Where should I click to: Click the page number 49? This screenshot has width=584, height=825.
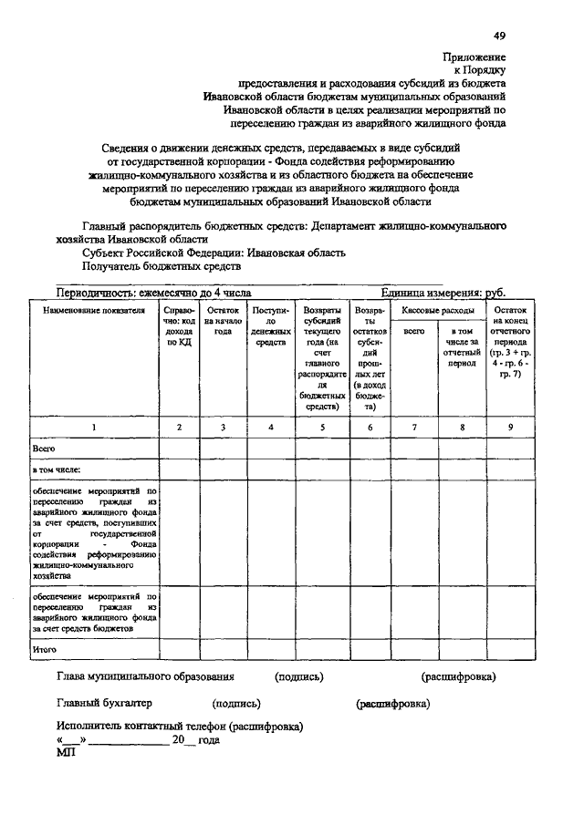point(500,36)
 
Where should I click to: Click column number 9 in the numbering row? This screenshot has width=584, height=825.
point(510,427)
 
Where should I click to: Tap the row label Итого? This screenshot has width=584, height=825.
point(45,649)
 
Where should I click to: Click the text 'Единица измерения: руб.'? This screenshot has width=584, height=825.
point(443,294)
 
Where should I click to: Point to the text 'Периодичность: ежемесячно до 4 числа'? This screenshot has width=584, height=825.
point(153,294)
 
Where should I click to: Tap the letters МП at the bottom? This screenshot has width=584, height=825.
point(66,753)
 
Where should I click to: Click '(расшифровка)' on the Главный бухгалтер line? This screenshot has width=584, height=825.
point(392,703)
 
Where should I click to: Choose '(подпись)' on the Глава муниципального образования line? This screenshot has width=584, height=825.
point(299,677)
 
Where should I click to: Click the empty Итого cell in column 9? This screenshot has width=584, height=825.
point(510,649)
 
